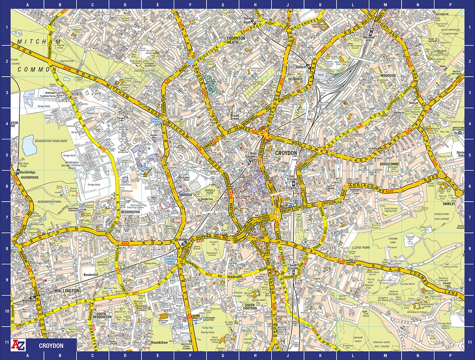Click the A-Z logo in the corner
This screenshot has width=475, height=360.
point(19,345)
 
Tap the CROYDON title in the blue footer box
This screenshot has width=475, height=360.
point(51,346)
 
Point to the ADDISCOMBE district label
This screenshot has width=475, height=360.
point(389,164)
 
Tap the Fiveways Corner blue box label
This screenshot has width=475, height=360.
point(170,260)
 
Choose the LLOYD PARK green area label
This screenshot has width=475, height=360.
point(361,248)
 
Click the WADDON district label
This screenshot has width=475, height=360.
point(186,195)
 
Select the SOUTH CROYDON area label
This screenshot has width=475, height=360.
point(250,307)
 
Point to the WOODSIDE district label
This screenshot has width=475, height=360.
point(388,76)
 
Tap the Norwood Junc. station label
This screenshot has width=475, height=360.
point(369,39)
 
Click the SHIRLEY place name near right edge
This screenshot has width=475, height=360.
point(449,204)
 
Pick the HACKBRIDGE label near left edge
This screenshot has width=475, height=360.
point(30,177)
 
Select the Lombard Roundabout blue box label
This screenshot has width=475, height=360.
point(157,121)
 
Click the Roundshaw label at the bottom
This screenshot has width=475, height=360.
point(159,343)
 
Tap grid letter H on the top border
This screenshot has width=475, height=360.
point(255,4)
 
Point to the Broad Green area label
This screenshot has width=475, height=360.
point(234,117)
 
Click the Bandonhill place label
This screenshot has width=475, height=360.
point(91,275)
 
